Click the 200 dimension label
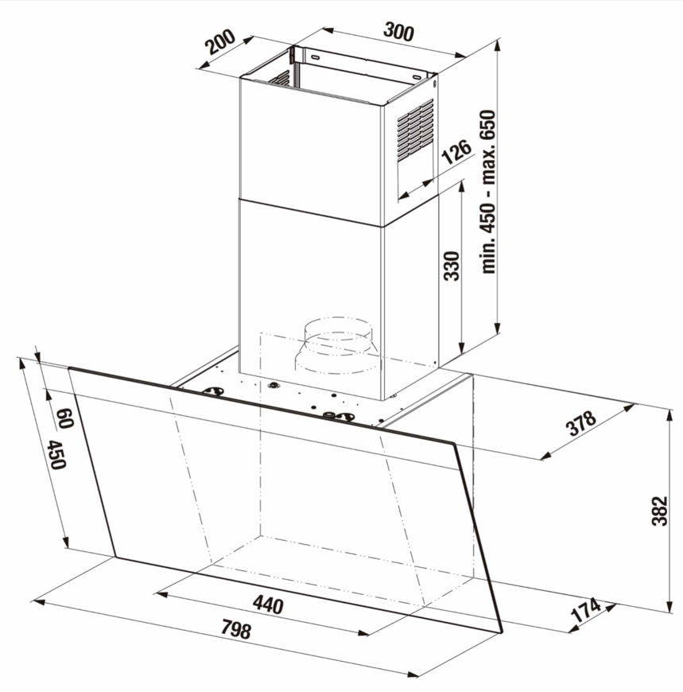tap(220, 41)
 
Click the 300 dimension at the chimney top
tap(399, 32)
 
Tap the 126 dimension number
tap(456, 151)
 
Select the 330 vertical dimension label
tap(452, 266)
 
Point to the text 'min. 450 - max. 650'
tap(488, 192)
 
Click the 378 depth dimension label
tap(582, 423)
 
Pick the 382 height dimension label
tap(660, 511)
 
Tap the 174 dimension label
tap(586, 609)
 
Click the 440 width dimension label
tap(268, 605)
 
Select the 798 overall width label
tap(236, 629)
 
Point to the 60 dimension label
tap(65, 418)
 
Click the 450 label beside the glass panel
tap(57, 454)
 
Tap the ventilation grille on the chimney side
tap(415, 130)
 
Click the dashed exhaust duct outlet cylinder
tap(336, 344)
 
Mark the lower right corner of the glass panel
tap(502, 632)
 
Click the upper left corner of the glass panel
tap(69, 368)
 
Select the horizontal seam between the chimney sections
tap(310, 213)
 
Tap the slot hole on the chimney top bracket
tap(315, 57)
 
